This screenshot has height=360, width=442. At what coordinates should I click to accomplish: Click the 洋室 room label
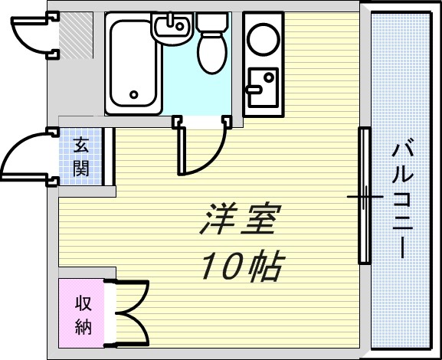tap(241, 218)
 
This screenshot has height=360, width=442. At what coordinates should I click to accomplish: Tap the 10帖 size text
tap(243, 265)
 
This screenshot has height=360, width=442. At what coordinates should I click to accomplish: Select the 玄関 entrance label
tap(81, 156)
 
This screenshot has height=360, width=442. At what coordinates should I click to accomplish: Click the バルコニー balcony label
tap(403, 198)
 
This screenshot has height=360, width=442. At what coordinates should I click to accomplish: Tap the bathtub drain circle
tap(134, 94)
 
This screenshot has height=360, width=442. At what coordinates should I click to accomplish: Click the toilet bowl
tap(212, 53)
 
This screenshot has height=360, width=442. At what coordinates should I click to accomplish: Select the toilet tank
tap(212, 22)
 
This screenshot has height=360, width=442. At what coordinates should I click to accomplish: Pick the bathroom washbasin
tap(172, 28)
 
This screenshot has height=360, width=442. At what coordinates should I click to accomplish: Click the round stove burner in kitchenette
tap(264, 39)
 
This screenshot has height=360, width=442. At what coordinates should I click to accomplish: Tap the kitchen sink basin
tap(263, 87)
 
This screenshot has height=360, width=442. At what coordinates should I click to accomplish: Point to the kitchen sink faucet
tap(254, 90)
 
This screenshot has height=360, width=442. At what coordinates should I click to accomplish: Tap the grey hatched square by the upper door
tap(76, 35)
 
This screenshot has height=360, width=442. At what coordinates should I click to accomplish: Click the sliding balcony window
tap(365, 195)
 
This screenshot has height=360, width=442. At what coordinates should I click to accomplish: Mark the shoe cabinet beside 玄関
tap(109, 156)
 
